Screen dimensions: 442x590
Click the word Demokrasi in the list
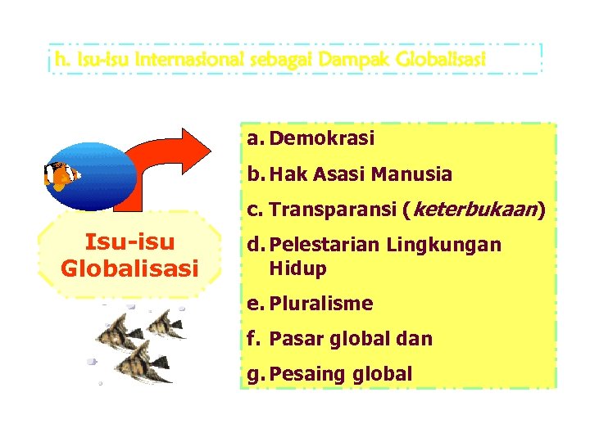pos(321,139)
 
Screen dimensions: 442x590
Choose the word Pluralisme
pos(321,304)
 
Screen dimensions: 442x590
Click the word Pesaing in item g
pos(300,374)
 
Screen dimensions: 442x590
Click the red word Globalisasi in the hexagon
pos(129,268)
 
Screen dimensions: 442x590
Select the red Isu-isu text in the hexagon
pos(129,243)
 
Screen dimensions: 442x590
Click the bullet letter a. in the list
pos(254,139)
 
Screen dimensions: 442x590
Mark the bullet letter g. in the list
pos(254,374)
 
